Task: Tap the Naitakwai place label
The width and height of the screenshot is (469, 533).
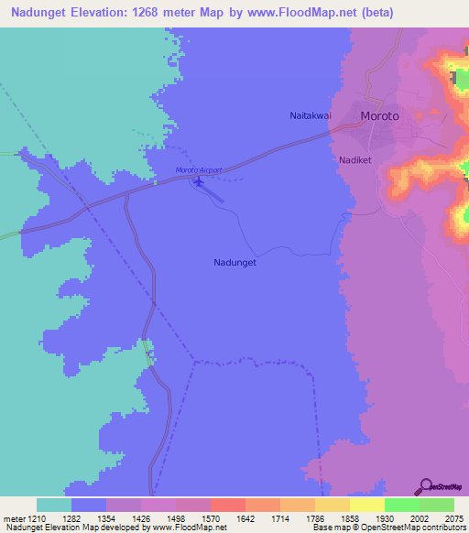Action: pyautogui.click(x=302, y=116)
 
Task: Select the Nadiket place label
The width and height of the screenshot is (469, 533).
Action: pyautogui.click(x=354, y=158)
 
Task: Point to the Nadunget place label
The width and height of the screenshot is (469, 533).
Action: pyautogui.click(x=234, y=262)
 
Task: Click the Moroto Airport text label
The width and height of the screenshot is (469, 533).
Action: pyautogui.click(x=199, y=170)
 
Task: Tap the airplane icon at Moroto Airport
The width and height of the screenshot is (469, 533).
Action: pyautogui.click(x=199, y=181)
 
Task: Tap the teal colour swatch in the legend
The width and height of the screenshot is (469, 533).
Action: pyautogui.click(x=54, y=505)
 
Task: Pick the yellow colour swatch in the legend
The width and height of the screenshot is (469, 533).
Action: pyautogui.click(x=366, y=505)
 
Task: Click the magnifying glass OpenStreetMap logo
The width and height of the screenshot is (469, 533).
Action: pyautogui.click(x=423, y=486)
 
